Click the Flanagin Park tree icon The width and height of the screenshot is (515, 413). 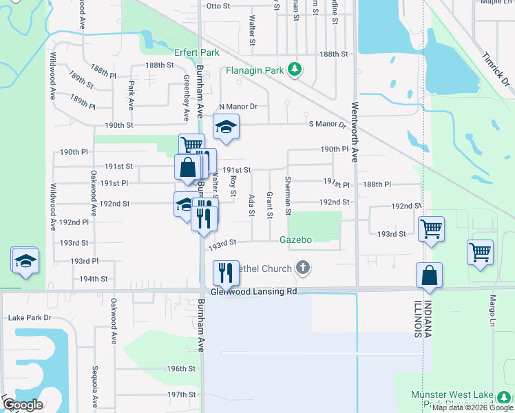pos(295,68)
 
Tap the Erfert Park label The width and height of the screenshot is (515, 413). pos(198,53)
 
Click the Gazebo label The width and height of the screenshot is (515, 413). pos(296,240)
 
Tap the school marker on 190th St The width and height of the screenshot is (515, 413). pos(224,127)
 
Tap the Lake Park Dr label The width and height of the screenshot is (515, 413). pos(29,318)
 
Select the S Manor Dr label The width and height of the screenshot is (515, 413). pos(326,124)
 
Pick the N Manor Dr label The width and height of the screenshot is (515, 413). pos(238,107)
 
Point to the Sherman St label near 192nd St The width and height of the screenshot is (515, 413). pos(288,195)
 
